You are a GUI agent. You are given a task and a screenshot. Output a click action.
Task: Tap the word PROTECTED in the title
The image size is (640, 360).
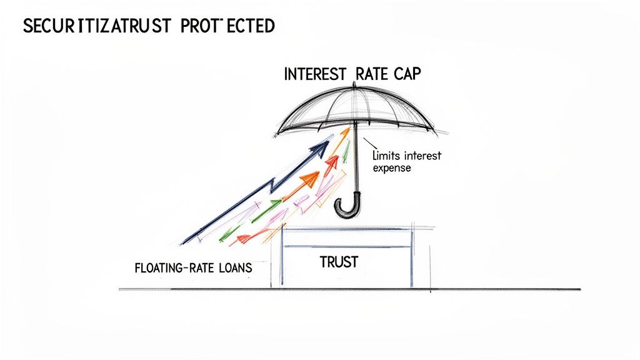pos(237,26)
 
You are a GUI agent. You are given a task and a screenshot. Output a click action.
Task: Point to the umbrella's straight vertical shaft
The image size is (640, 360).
pos(356,162)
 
